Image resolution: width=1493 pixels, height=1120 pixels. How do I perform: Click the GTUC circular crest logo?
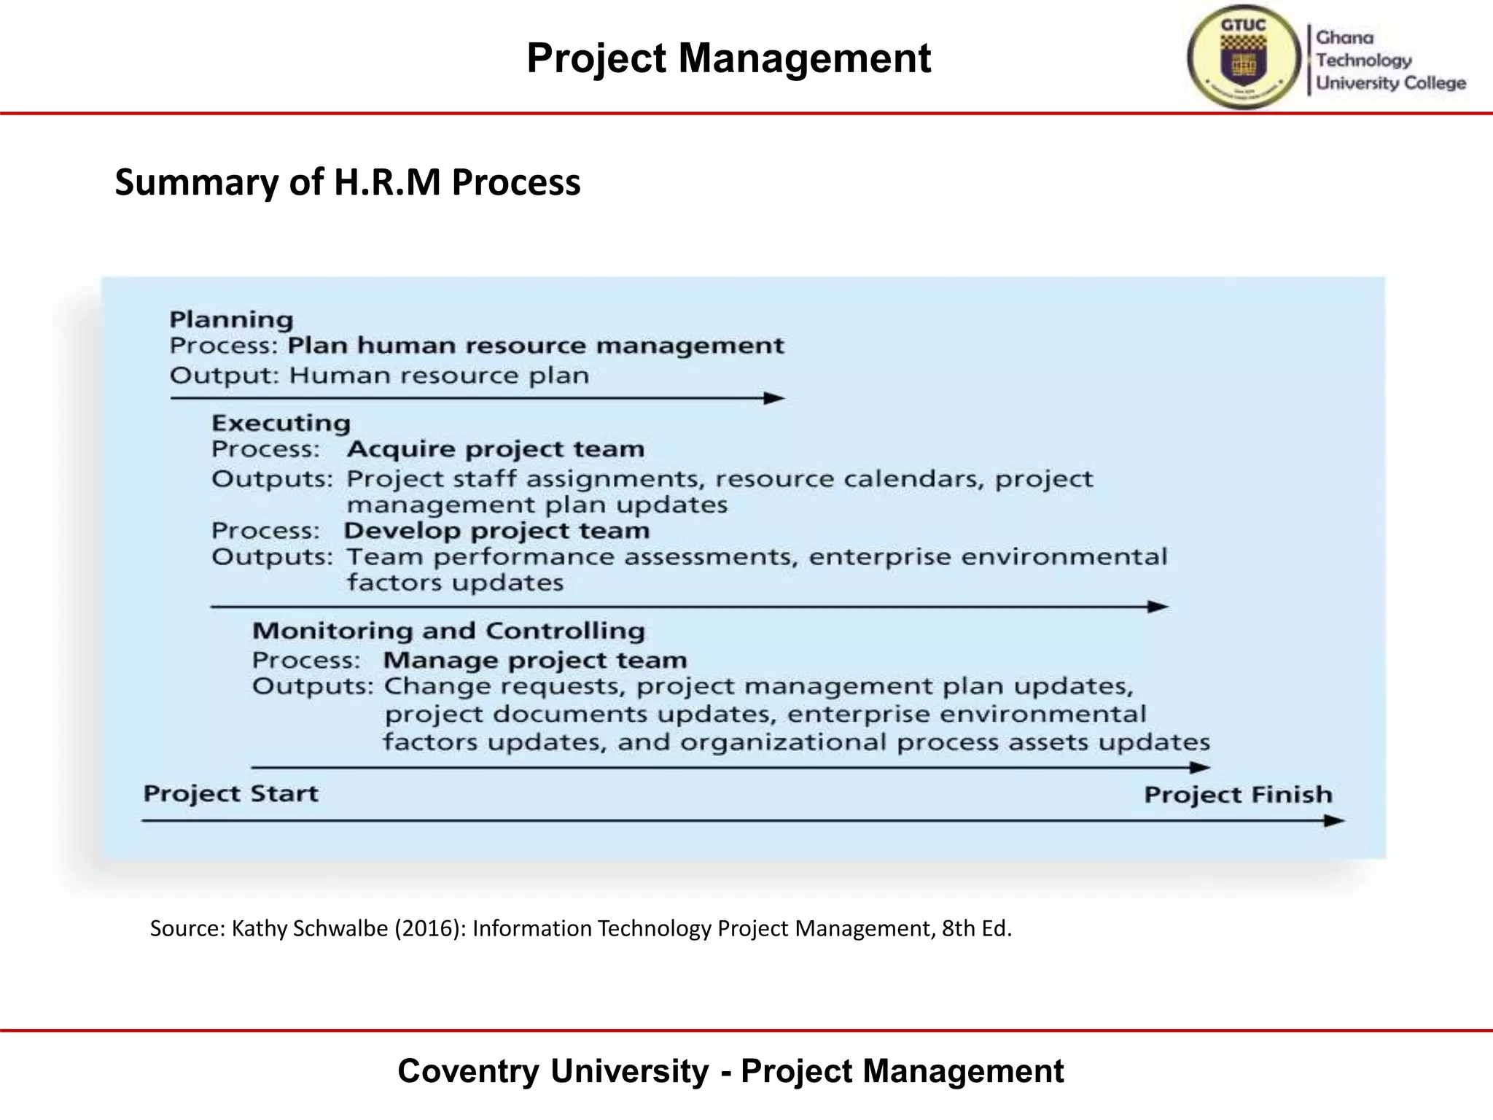1244,57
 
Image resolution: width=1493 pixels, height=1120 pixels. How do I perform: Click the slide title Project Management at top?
728,58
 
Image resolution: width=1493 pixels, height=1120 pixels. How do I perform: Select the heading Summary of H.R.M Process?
348,182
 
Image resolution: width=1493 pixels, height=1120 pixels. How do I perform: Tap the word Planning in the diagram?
232,319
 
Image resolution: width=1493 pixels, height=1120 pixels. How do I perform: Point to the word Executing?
281,423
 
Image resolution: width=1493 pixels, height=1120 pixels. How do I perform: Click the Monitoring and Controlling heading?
448,631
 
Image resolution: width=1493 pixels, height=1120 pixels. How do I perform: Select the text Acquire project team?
496,449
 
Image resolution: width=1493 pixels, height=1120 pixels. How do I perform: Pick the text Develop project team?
496,531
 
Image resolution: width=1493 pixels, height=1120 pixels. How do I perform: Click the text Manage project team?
535,661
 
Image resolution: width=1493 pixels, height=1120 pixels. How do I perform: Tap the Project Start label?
230,793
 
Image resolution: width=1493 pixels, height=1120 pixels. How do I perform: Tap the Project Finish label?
1238,794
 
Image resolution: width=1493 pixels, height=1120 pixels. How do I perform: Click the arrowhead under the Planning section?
774,398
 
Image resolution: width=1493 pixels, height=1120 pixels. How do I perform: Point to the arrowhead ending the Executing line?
1158,607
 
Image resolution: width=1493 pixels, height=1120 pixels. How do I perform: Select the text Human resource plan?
439,376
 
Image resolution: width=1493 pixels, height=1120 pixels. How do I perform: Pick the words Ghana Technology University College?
1390,61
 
